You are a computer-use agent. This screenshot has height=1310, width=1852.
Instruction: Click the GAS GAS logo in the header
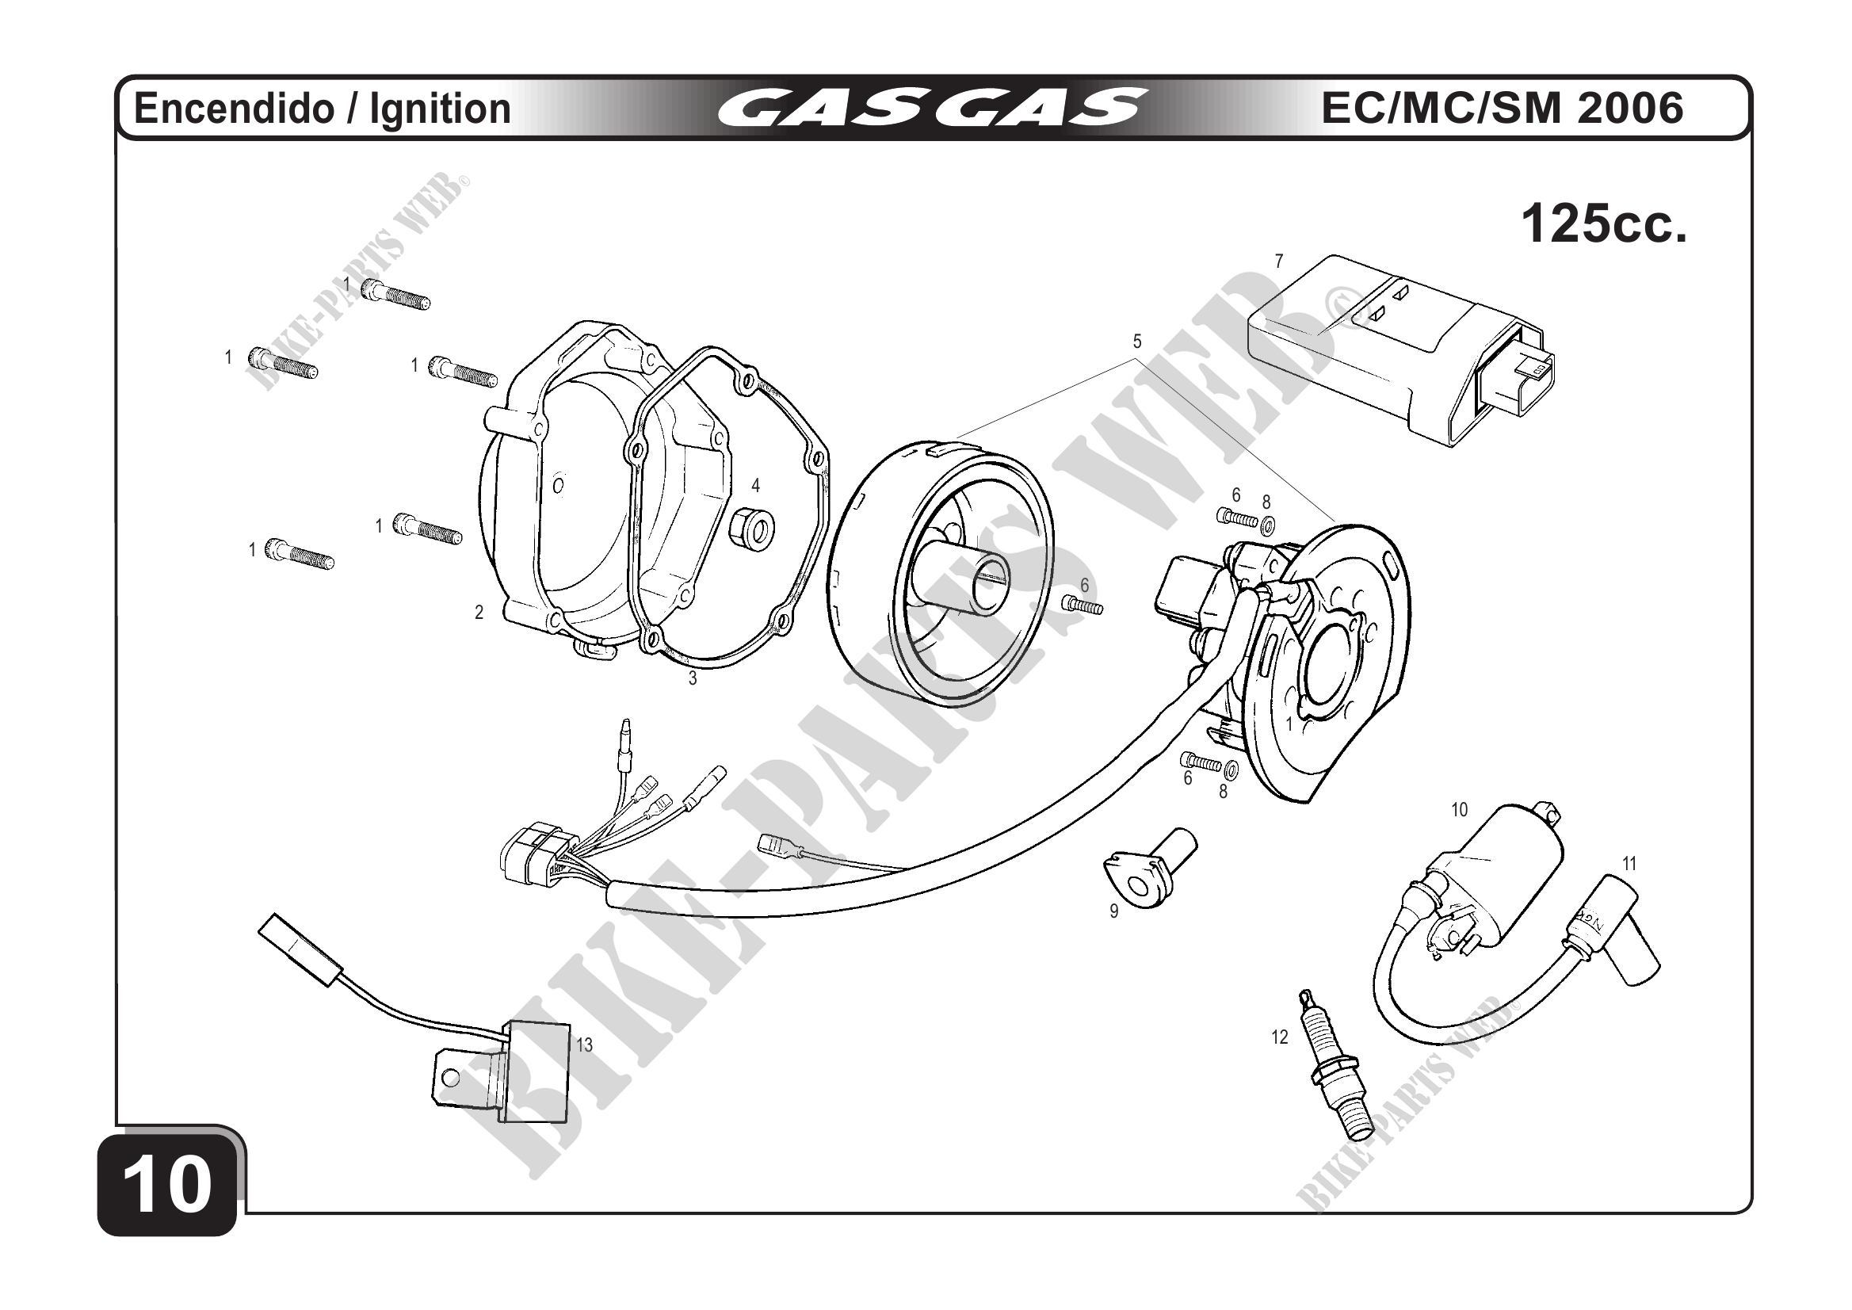click(931, 108)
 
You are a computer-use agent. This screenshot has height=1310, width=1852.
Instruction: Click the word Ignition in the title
click(440, 109)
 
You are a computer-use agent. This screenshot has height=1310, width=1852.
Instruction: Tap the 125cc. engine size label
click(1604, 224)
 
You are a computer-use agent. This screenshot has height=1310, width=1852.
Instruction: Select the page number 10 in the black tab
click(168, 1184)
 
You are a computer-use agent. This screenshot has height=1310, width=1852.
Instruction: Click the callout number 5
click(1137, 342)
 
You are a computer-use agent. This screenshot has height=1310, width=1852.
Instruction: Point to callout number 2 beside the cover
click(479, 613)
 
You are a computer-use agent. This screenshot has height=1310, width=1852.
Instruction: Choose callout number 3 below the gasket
click(692, 679)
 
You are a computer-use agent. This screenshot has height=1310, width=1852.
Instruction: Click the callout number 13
click(584, 1045)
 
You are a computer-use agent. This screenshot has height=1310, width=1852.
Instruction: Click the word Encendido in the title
click(233, 109)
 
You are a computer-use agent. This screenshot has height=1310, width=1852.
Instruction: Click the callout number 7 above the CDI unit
click(1278, 262)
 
